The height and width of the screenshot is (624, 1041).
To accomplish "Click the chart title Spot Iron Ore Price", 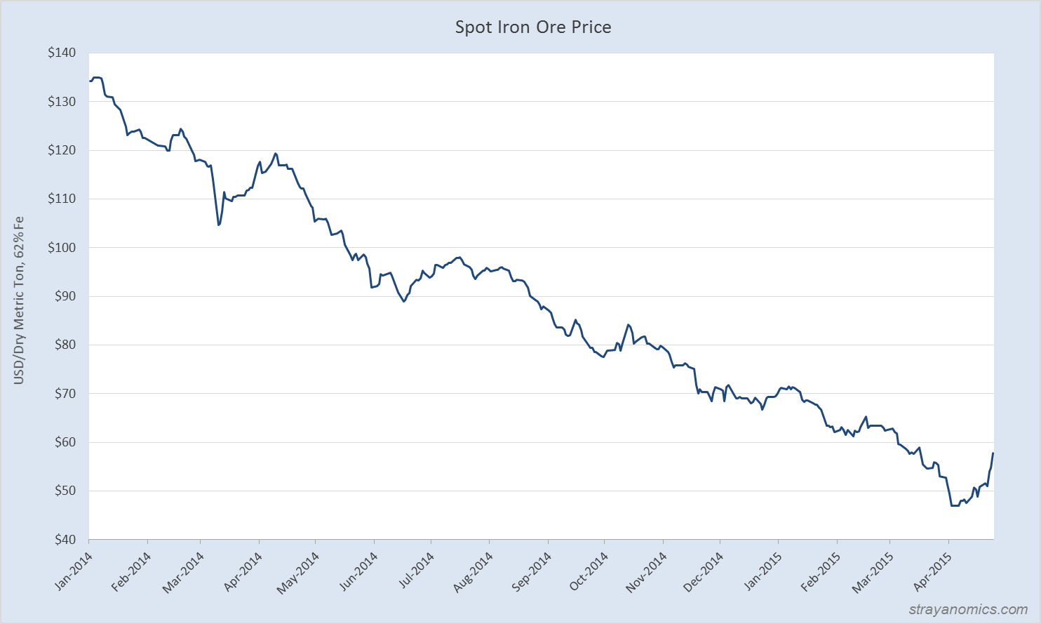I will click(533, 27).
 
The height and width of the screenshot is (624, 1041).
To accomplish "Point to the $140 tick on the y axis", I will click(62, 53).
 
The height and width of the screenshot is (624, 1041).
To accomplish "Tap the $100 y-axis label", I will click(62, 248).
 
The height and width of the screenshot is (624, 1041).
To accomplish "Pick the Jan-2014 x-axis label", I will click(73, 572).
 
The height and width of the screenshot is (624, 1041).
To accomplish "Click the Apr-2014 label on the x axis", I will click(243, 572).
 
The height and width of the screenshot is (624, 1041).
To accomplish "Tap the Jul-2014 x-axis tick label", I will click(415, 572).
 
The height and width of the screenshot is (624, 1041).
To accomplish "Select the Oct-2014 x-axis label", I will click(588, 572).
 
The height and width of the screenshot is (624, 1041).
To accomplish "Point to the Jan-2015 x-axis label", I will click(761, 572).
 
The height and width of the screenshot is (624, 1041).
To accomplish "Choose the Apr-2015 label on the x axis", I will click(932, 572).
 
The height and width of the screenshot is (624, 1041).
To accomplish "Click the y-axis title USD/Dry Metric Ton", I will click(19, 300).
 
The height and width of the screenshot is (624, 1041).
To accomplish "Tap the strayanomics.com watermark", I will click(968, 609).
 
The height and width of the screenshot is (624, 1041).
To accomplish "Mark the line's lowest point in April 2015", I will click(954, 505).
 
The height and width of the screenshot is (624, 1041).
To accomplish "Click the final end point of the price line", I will click(993, 453).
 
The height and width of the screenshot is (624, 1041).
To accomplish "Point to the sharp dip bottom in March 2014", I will click(219, 225).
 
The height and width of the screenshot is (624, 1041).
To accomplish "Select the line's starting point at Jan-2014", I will click(90, 81).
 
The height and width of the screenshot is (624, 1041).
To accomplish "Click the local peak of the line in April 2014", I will click(276, 153).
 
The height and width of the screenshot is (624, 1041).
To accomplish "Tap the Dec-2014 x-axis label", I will click(703, 572).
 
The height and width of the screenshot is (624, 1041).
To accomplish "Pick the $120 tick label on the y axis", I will click(62, 150).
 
